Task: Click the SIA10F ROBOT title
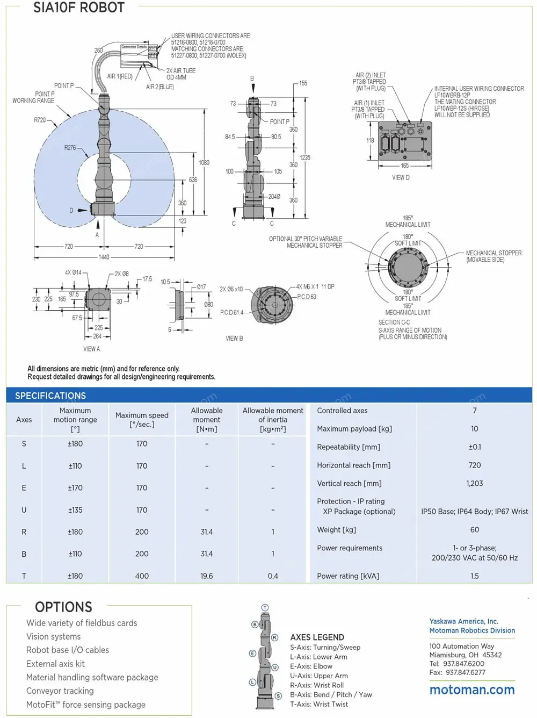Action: (x=78, y=8)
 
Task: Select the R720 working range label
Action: (x=40, y=120)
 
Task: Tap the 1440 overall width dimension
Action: (x=104, y=257)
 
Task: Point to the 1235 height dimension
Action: (x=304, y=157)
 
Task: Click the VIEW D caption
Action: (x=401, y=177)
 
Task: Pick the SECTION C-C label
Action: (x=394, y=322)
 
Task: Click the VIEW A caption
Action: (x=91, y=349)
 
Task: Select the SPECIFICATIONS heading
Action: (x=50, y=396)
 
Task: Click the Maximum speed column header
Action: (x=142, y=420)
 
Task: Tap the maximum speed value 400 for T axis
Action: (x=142, y=576)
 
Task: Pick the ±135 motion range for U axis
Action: (x=75, y=509)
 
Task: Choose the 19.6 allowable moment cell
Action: (x=207, y=576)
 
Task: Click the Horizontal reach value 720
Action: (x=474, y=465)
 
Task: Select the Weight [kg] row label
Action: (x=336, y=529)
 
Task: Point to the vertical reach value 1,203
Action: (x=474, y=483)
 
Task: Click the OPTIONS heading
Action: (x=63, y=607)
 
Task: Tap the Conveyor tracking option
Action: (x=60, y=691)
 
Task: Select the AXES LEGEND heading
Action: (x=317, y=637)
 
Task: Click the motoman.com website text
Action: (x=471, y=690)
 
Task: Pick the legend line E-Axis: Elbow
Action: (x=311, y=666)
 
